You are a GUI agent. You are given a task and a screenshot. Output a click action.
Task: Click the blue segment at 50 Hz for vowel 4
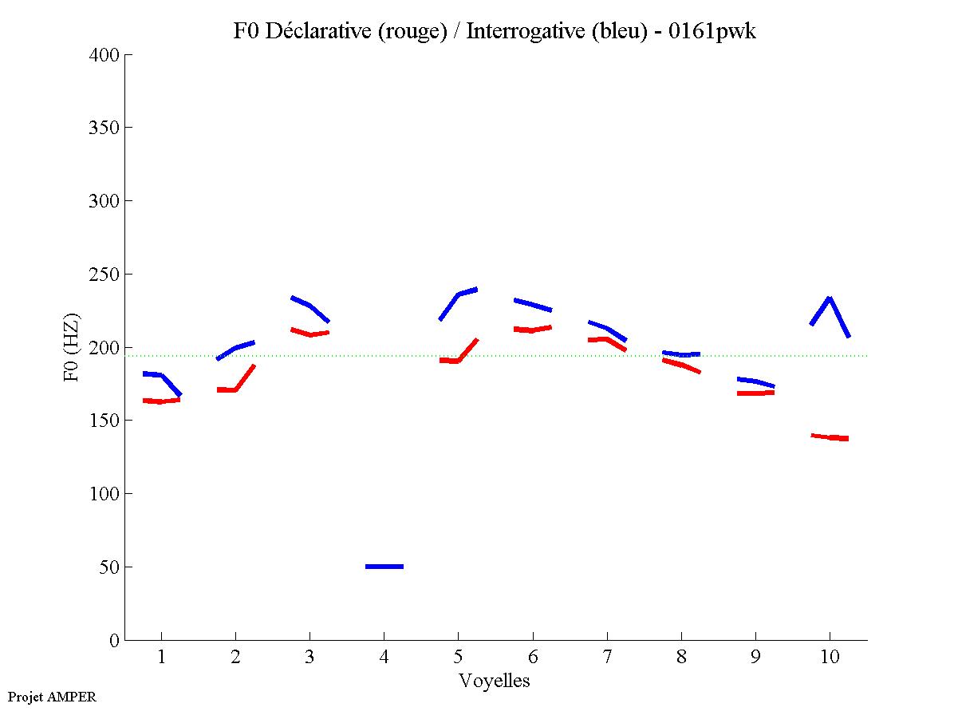pos(384,567)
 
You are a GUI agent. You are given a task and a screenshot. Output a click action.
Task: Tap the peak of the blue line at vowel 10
pos(830,298)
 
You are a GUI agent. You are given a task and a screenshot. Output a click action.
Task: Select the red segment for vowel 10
pos(830,437)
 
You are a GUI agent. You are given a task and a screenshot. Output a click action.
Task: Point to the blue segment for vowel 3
pos(309,306)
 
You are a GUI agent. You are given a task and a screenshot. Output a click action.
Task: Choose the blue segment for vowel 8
pos(681,354)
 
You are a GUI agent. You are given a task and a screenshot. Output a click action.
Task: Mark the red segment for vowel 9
pos(755,393)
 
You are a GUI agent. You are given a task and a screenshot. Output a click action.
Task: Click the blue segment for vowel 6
pos(533,305)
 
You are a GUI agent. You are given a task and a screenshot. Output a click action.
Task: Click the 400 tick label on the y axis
pos(104,55)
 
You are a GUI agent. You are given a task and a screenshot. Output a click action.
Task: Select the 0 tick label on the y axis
pos(114,640)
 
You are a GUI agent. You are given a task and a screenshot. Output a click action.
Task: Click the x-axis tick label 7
pos(607,658)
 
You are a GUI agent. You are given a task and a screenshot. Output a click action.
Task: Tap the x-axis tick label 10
pos(830,658)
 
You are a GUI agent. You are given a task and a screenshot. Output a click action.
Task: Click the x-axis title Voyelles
pos(494,681)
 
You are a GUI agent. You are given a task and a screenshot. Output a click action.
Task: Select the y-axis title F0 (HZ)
pos(73,347)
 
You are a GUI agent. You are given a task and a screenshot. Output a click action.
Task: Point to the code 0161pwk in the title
pos(712,31)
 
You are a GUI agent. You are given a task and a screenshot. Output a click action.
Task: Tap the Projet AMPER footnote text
pos(52,697)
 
